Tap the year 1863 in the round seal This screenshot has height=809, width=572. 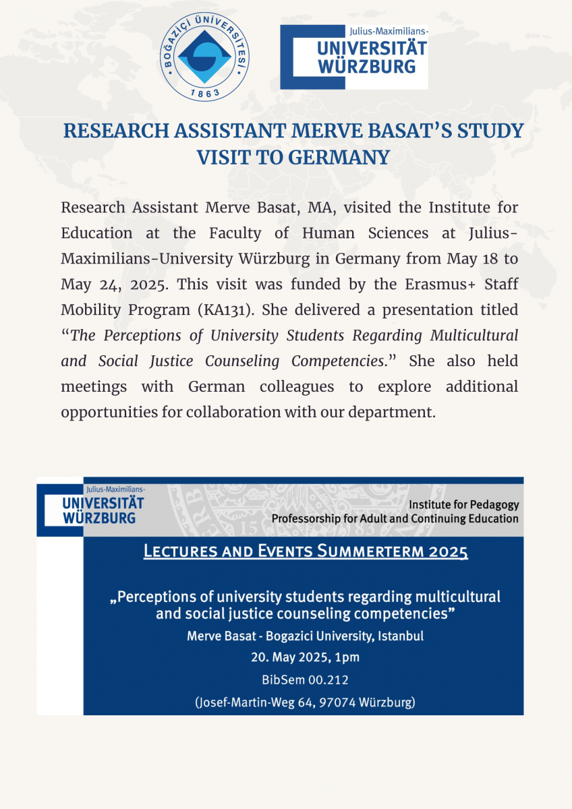pos(203,93)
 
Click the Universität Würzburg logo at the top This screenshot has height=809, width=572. pos(354,57)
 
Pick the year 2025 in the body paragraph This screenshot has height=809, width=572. pos(147,284)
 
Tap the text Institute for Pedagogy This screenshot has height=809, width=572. pos(464,504)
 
